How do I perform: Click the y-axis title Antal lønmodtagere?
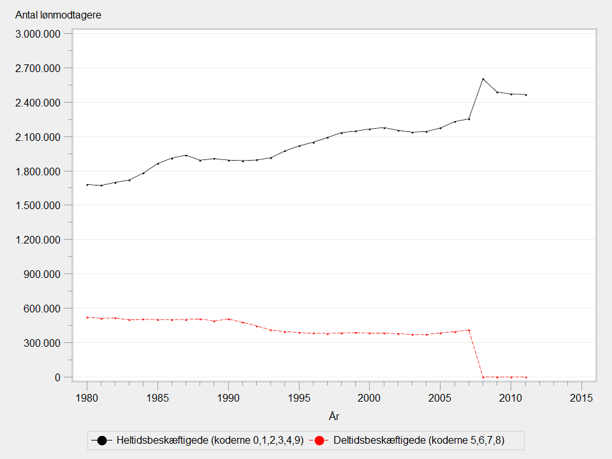[x=58, y=15]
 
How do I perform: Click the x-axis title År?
[x=334, y=416]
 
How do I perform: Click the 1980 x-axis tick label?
[x=87, y=398]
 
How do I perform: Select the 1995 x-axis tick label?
[x=299, y=398]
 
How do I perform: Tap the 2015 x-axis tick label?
[x=581, y=398]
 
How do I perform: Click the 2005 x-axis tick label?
[x=441, y=398]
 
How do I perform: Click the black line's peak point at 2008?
[x=483, y=79]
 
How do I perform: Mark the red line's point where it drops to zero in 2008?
[x=483, y=377]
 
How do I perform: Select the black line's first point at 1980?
[x=87, y=184]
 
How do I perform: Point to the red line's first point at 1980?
[x=87, y=317]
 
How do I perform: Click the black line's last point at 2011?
[x=526, y=95]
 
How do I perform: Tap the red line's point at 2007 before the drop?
[x=469, y=330]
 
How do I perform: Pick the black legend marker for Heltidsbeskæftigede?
[x=101, y=441]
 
